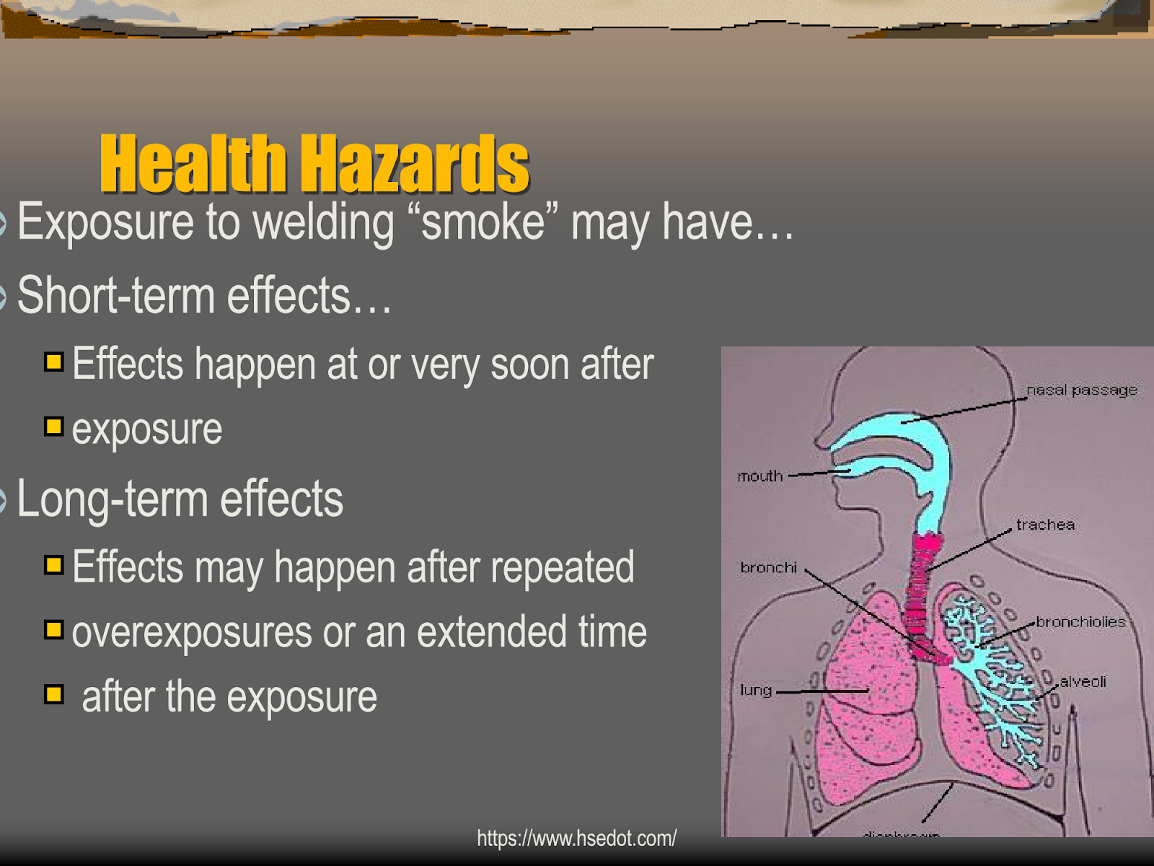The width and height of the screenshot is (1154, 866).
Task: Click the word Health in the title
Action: point(193,165)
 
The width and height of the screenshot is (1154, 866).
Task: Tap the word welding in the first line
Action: point(323,222)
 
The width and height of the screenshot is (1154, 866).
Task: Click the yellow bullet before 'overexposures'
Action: point(53,630)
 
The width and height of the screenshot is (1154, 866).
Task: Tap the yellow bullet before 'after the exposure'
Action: point(53,695)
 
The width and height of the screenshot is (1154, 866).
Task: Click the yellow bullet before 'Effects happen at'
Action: point(53,361)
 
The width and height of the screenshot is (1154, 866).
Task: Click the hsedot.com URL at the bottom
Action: point(576,839)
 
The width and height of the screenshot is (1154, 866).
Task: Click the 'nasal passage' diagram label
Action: point(1081,390)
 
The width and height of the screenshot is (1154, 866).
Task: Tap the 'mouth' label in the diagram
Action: point(759,476)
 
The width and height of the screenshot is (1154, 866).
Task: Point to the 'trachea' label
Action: point(1045,525)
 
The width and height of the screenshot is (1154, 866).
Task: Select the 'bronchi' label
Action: point(768,568)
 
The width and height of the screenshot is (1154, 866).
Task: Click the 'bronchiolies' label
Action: point(1080,621)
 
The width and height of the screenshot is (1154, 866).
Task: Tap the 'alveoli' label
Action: point(1083,681)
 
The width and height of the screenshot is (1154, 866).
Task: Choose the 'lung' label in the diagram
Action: point(755,691)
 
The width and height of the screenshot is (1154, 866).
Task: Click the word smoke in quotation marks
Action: point(483,222)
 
